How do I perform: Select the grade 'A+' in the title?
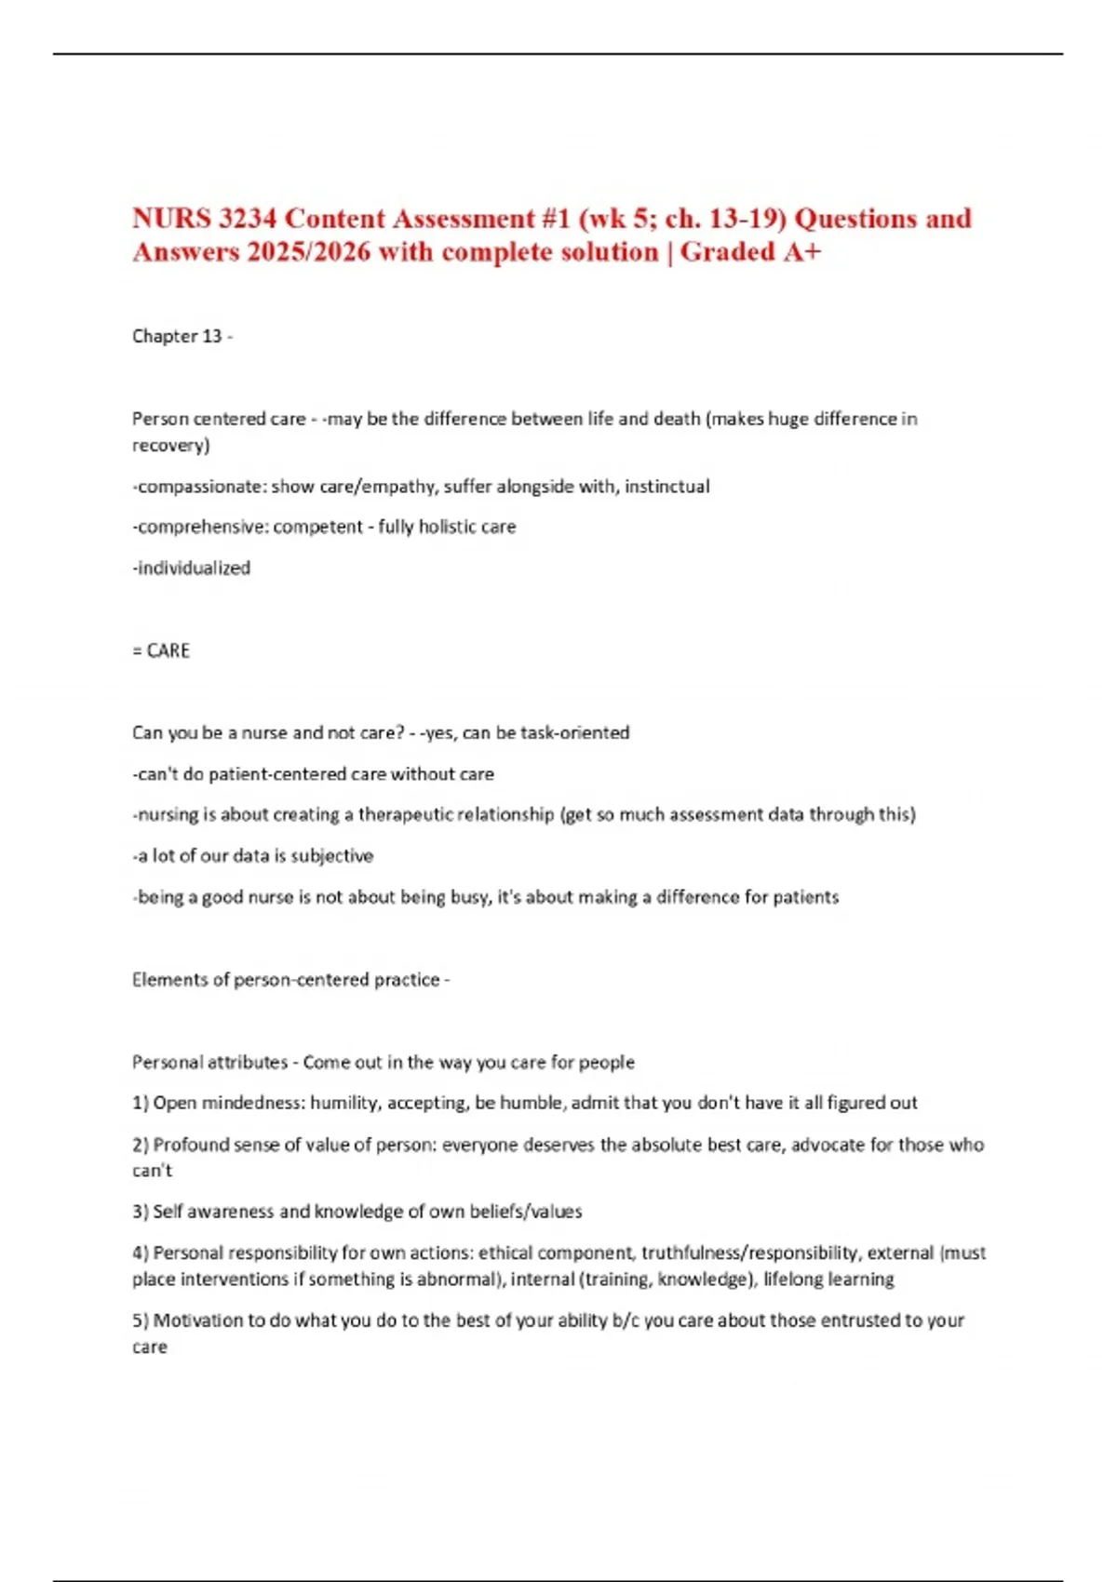point(801,252)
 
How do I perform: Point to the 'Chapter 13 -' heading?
point(182,336)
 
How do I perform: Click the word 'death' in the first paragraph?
point(677,419)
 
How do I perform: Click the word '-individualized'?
point(192,568)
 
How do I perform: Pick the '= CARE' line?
point(161,650)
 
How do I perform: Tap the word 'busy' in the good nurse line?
point(469,897)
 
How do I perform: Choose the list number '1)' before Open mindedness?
point(141,1103)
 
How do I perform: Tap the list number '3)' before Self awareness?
point(141,1212)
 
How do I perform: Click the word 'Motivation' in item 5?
point(198,1320)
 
